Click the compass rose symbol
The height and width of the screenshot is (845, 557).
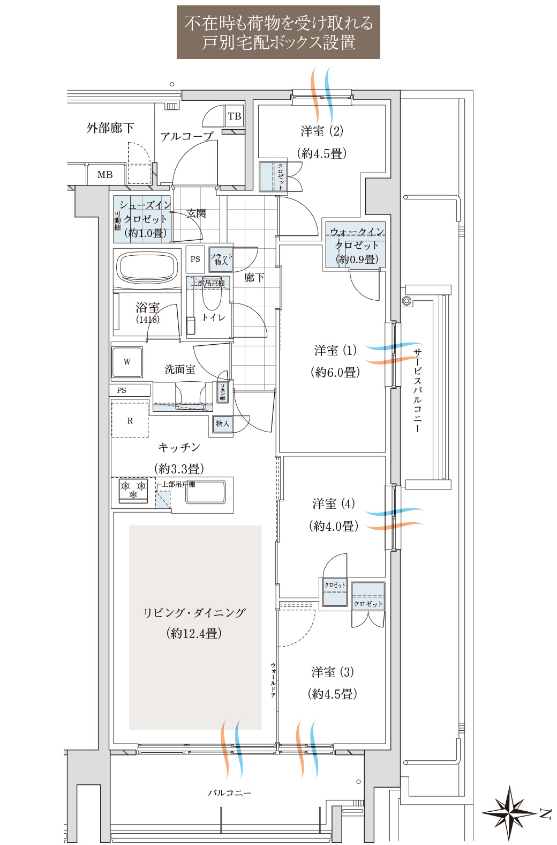[x=509, y=813]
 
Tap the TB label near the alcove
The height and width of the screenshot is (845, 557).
[x=234, y=116]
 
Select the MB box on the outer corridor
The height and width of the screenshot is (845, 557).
[x=105, y=175]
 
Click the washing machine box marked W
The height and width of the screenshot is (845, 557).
[x=127, y=362]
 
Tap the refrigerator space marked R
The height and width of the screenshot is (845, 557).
[x=130, y=421]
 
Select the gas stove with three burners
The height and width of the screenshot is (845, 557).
[x=133, y=490]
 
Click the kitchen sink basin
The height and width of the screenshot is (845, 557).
[x=206, y=492]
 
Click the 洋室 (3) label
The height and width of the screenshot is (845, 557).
[x=332, y=672]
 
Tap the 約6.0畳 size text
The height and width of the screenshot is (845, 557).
[x=335, y=372]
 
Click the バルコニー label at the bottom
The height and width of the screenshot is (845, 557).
[x=229, y=792]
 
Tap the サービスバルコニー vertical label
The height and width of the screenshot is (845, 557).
[x=417, y=390]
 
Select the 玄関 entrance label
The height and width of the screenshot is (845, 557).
[x=197, y=213]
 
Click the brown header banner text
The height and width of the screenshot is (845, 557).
[x=278, y=32]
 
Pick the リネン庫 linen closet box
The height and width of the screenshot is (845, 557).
[x=222, y=392]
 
